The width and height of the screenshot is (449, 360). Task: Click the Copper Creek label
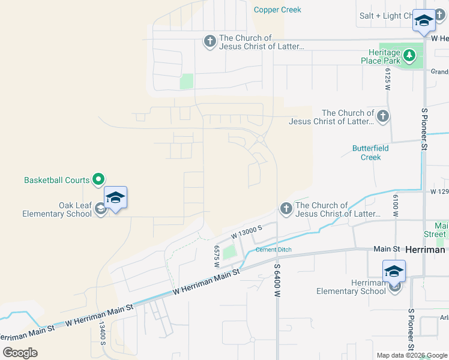tap(277, 10)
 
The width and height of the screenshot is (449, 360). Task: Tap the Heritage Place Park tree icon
tap(409, 56)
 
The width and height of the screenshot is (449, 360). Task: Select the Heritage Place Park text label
tap(381, 56)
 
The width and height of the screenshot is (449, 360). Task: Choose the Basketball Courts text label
tap(56, 180)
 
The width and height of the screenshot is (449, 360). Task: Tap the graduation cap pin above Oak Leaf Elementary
tap(115, 197)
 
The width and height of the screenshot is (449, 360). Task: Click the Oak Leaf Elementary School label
tap(57, 209)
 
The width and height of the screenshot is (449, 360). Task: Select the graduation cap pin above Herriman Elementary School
tap(394, 271)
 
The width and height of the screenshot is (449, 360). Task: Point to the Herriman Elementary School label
tap(351, 287)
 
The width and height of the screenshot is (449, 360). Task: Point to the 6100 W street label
tap(396, 206)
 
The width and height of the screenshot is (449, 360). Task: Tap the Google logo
tap(20, 353)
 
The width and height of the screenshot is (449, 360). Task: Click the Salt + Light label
tap(384, 16)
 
